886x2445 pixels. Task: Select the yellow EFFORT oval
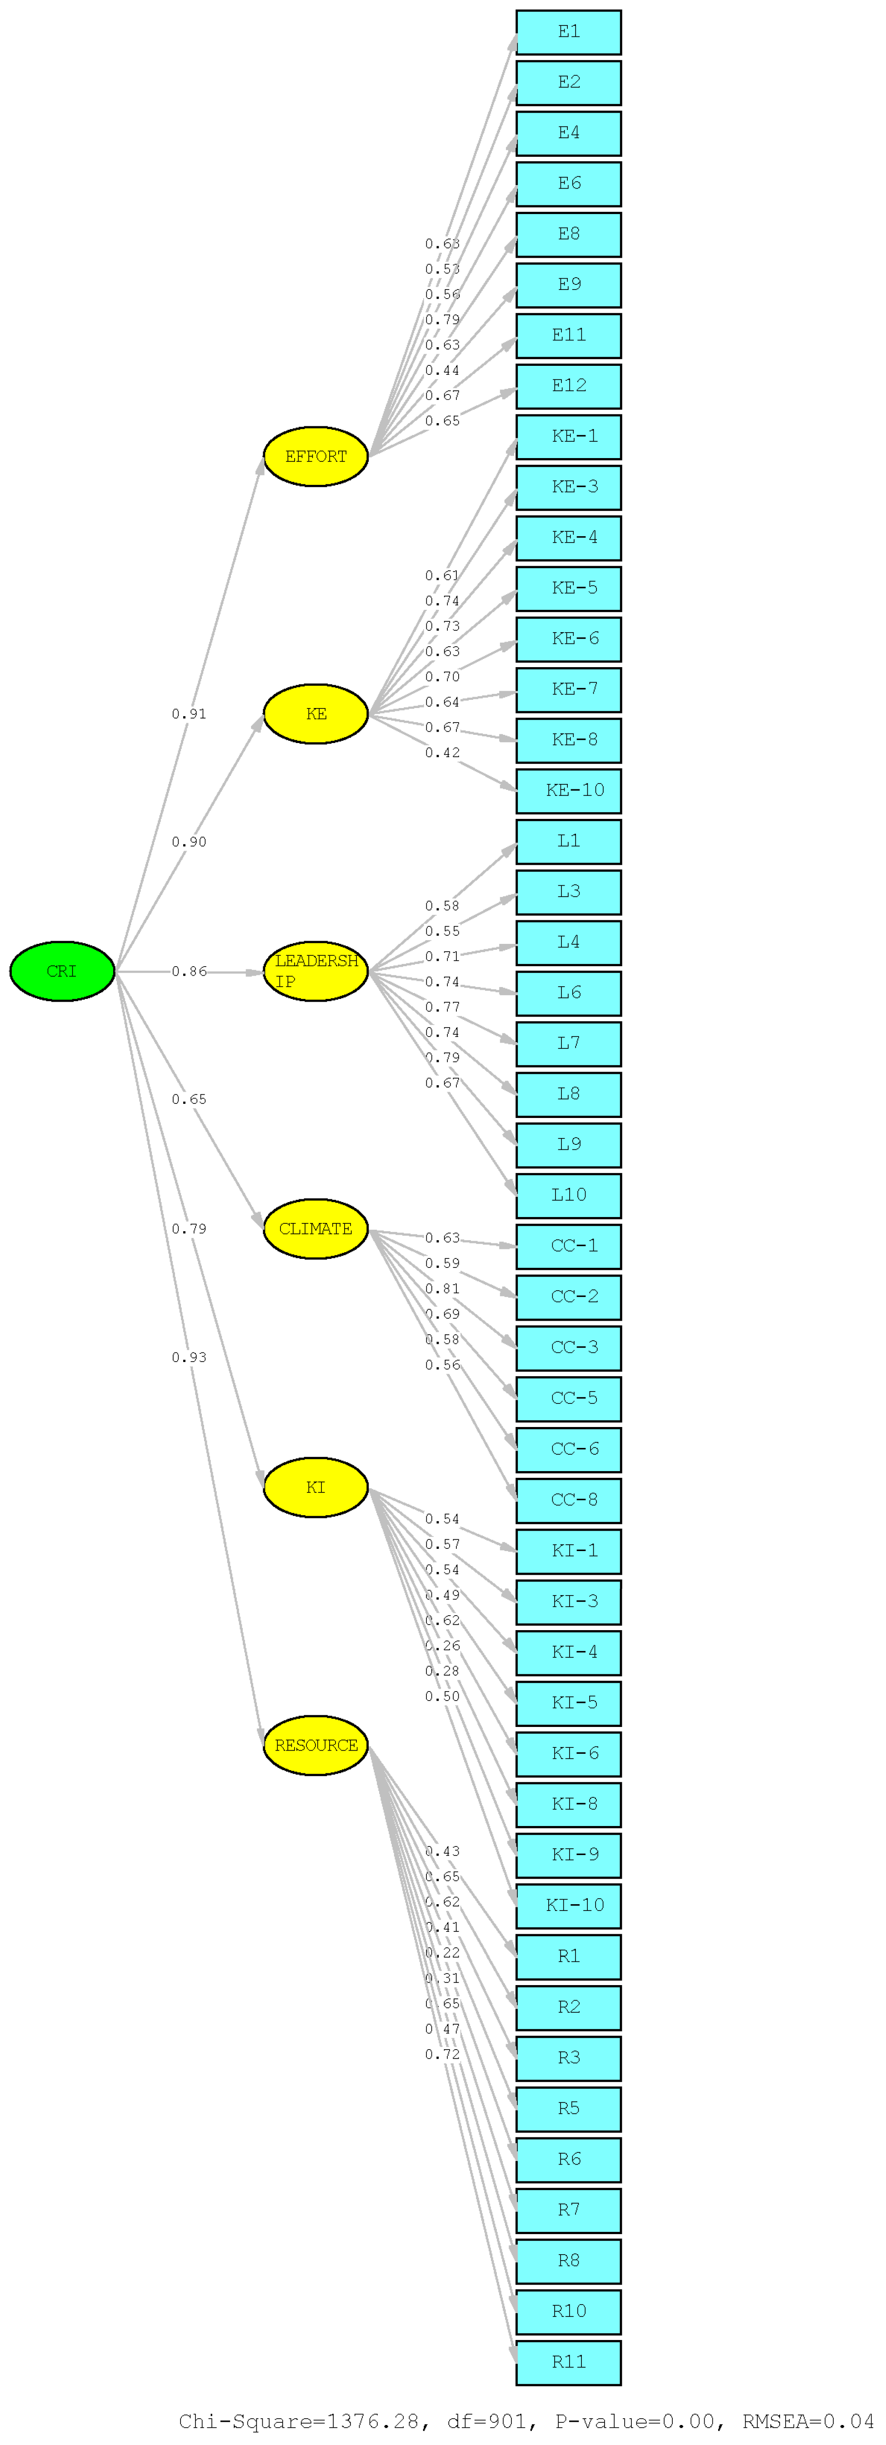(315, 457)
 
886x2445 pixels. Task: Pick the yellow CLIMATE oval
(315, 1229)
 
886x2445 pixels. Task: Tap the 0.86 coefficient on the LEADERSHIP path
(189, 972)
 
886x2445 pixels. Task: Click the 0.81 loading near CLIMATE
(442, 1289)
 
